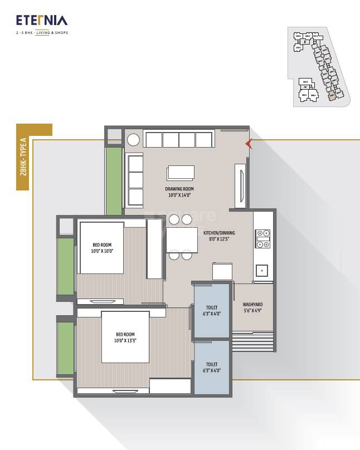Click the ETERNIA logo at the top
tap(42, 21)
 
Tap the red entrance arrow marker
tap(249, 144)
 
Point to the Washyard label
tap(252, 307)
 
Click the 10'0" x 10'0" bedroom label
tap(102, 248)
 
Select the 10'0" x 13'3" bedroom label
tap(125, 338)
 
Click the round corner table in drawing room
tap(133, 140)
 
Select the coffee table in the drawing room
tap(181, 173)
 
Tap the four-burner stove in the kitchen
tap(262, 238)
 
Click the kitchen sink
tap(262, 271)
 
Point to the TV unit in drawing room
tap(241, 185)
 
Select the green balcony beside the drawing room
tap(114, 181)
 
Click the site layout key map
tap(318, 67)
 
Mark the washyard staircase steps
tap(252, 341)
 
